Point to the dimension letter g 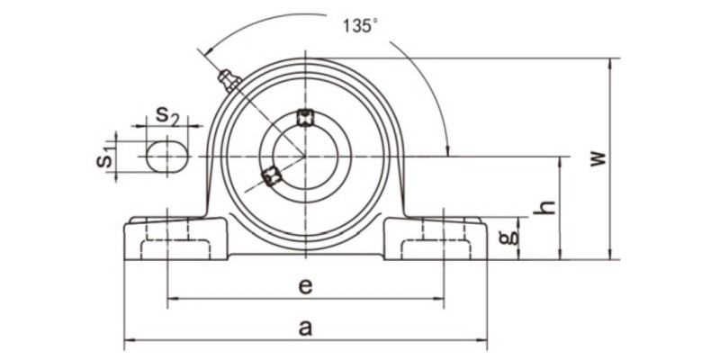click(x=509, y=237)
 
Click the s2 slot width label click(x=167, y=115)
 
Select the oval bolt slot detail click(x=167, y=157)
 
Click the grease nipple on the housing click(x=229, y=82)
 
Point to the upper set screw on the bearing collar click(x=305, y=116)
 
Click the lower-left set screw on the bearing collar click(x=271, y=176)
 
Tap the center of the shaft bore click(x=305, y=157)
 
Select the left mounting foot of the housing click(x=175, y=238)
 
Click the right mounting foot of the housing click(x=436, y=238)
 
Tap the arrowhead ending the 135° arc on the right click(x=446, y=149)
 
